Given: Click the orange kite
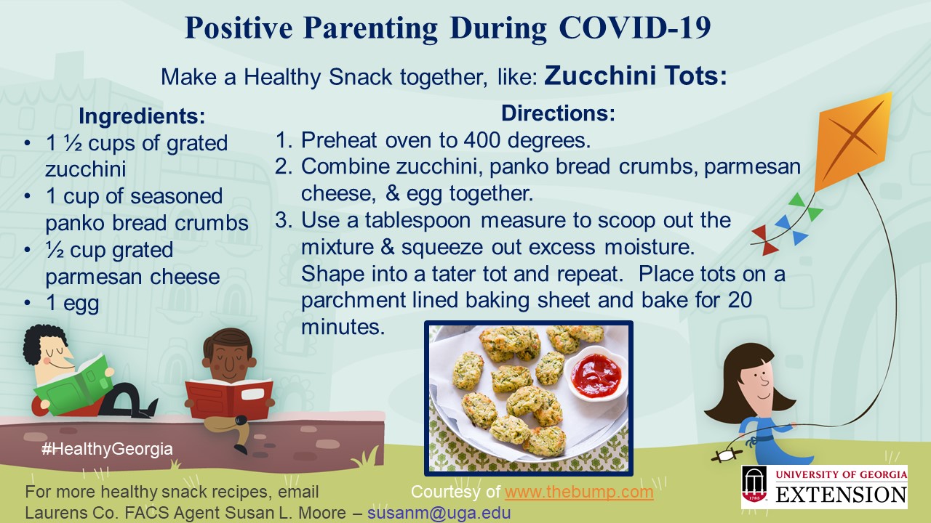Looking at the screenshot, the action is [x=852, y=141].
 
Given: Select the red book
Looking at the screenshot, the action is [x=228, y=399].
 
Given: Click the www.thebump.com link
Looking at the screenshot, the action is [x=579, y=492].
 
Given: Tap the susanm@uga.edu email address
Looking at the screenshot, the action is [x=439, y=513].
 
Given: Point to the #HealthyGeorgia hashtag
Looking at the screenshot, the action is [x=107, y=449].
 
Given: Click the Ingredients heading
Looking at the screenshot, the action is [x=142, y=115].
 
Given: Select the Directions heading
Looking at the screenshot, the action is [x=558, y=113].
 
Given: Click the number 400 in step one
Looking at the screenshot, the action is [x=482, y=140].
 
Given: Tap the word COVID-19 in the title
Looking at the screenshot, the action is [x=635, y=28].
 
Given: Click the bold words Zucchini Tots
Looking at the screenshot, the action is [x=636, y=76].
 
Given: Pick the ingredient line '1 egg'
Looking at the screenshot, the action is [x=72, y=304].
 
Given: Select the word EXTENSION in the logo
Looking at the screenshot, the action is [x=841, y=495].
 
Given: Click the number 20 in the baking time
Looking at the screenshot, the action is [x=740, y=300].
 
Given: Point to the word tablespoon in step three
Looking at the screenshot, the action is [x=417, y=221].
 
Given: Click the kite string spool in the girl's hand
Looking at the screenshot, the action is [x=727, y=455].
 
